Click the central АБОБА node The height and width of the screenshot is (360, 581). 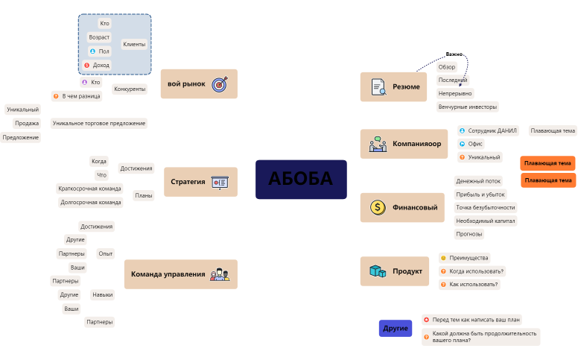(301, 179)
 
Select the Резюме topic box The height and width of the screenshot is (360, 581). (394, 87)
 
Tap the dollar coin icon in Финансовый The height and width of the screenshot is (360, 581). (378, 207)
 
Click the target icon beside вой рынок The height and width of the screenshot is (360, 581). (219, 84)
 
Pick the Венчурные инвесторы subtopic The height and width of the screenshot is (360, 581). (467, 107)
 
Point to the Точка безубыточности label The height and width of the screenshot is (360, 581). (485, 207)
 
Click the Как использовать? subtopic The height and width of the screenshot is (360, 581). (474, 284)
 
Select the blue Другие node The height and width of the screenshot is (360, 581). (396, 328)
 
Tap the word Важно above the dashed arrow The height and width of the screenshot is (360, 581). (454, 54)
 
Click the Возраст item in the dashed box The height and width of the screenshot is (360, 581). (99, 37)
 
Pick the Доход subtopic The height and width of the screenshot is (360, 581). (101, 65)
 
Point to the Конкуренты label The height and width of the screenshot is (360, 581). (130, 89)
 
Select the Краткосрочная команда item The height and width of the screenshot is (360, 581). (89, 189)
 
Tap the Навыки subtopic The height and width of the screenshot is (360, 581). (103, 294)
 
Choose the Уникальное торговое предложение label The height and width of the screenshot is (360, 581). (99, 123)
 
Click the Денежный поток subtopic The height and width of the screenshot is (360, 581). (478, 181)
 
